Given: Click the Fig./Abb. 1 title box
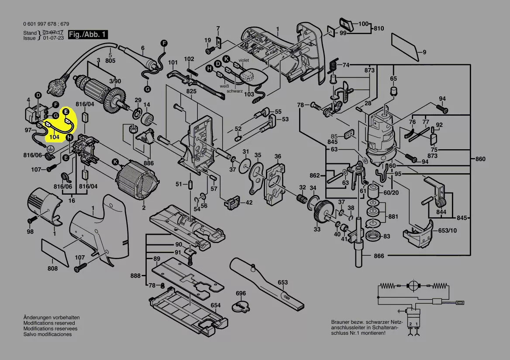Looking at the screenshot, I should (87, 34).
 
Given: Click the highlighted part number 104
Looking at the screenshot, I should (54, 137).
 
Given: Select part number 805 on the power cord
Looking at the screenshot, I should (110, 61).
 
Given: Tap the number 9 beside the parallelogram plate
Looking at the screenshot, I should (424, 53).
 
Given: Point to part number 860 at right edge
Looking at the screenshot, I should (480, 159).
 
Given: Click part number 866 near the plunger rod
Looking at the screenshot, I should (379, 256).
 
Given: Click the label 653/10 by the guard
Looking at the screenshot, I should (448, 230).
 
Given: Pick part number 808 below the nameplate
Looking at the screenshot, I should (52, 268).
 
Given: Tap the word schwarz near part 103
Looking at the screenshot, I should (234, 91).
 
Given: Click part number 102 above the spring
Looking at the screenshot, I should (189, 59).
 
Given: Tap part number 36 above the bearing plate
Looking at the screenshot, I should (278, 157).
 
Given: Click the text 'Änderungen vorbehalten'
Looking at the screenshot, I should (52, 317).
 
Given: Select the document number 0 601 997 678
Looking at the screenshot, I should (40, 24).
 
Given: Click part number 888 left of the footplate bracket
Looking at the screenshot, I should (135, 276).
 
